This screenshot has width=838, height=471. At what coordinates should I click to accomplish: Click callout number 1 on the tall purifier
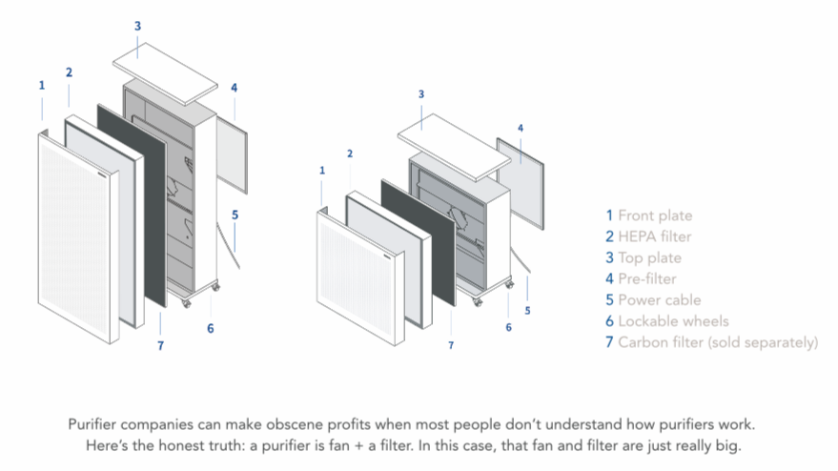pos(42,86)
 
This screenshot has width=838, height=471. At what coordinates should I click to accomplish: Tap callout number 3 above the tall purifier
pos(137,26)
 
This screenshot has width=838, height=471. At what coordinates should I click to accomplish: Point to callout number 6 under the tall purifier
pos(210,329)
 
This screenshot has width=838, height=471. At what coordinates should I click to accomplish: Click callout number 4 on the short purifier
pos(520,127)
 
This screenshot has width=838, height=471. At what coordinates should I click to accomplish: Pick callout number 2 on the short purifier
pos(350,154)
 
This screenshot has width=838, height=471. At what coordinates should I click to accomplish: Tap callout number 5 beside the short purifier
pos(527,310)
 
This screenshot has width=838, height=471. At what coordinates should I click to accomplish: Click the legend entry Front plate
pos(655,215)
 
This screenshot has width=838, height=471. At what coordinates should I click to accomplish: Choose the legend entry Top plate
pos(649,257)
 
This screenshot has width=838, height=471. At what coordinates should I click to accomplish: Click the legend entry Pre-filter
pos(647,278)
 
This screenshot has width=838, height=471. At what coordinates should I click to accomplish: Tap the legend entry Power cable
pos(659,299)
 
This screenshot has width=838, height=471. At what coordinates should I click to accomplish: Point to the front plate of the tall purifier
pos(76,248)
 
